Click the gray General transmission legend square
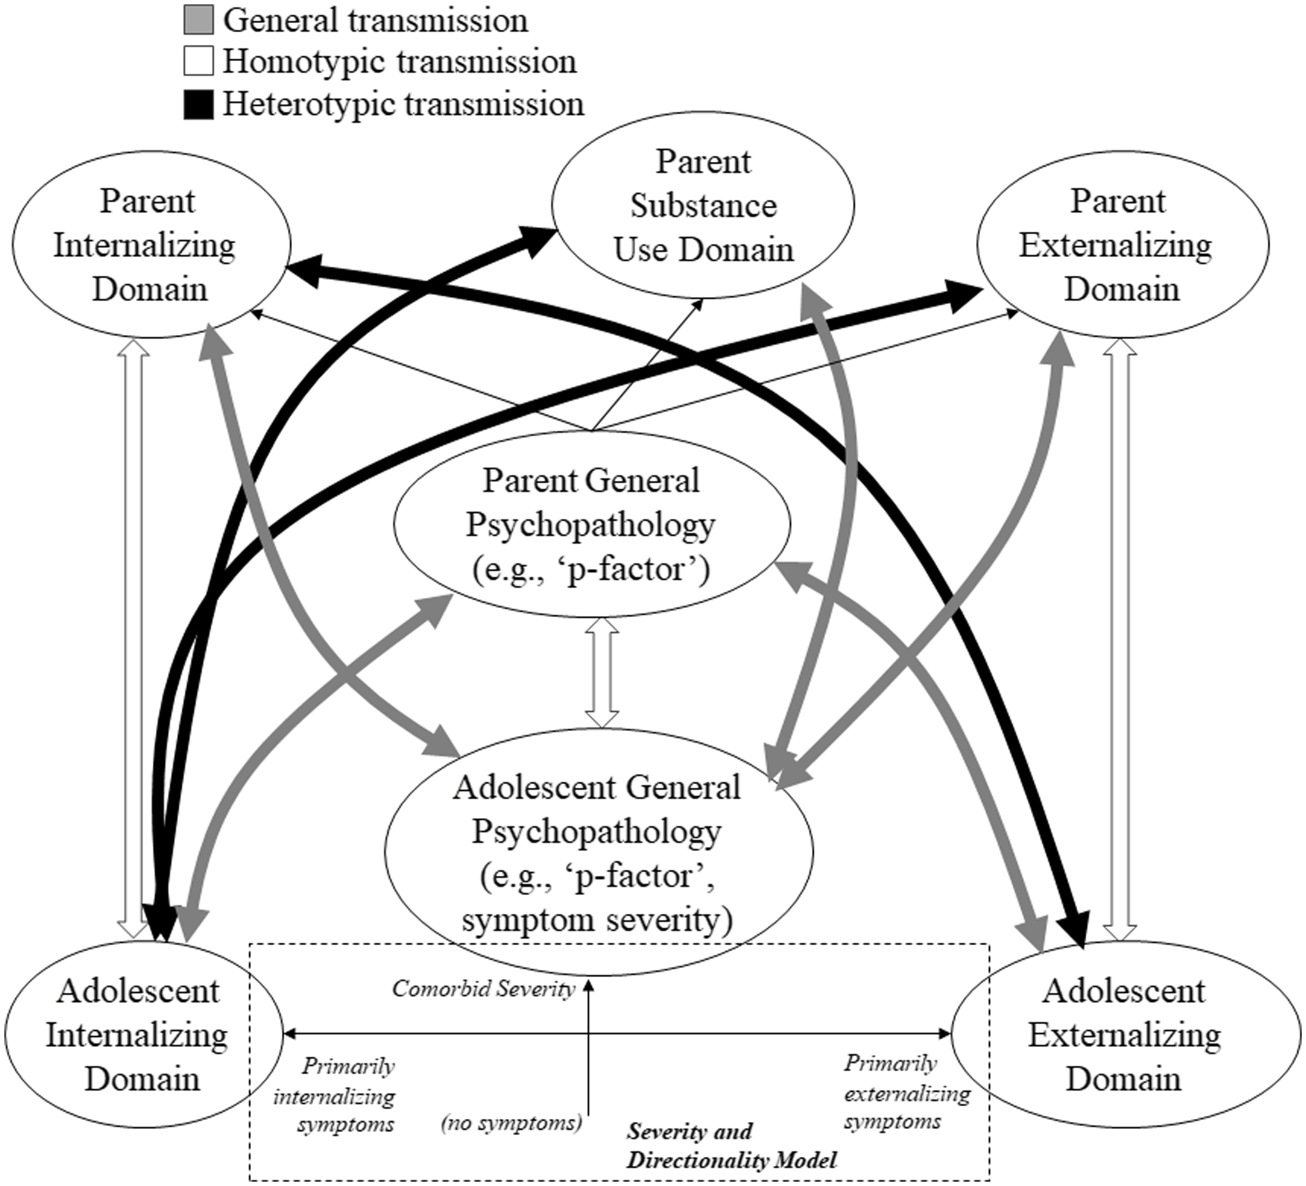[x=198, y=20]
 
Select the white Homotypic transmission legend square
[x=198, y=62]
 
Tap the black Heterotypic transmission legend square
[x=198, y=104]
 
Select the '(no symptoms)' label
[x=511, y=1122]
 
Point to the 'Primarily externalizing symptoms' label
[x=907, y=1093]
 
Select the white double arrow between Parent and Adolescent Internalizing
[x=133, y=639]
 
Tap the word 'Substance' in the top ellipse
[x=704, y=206]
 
